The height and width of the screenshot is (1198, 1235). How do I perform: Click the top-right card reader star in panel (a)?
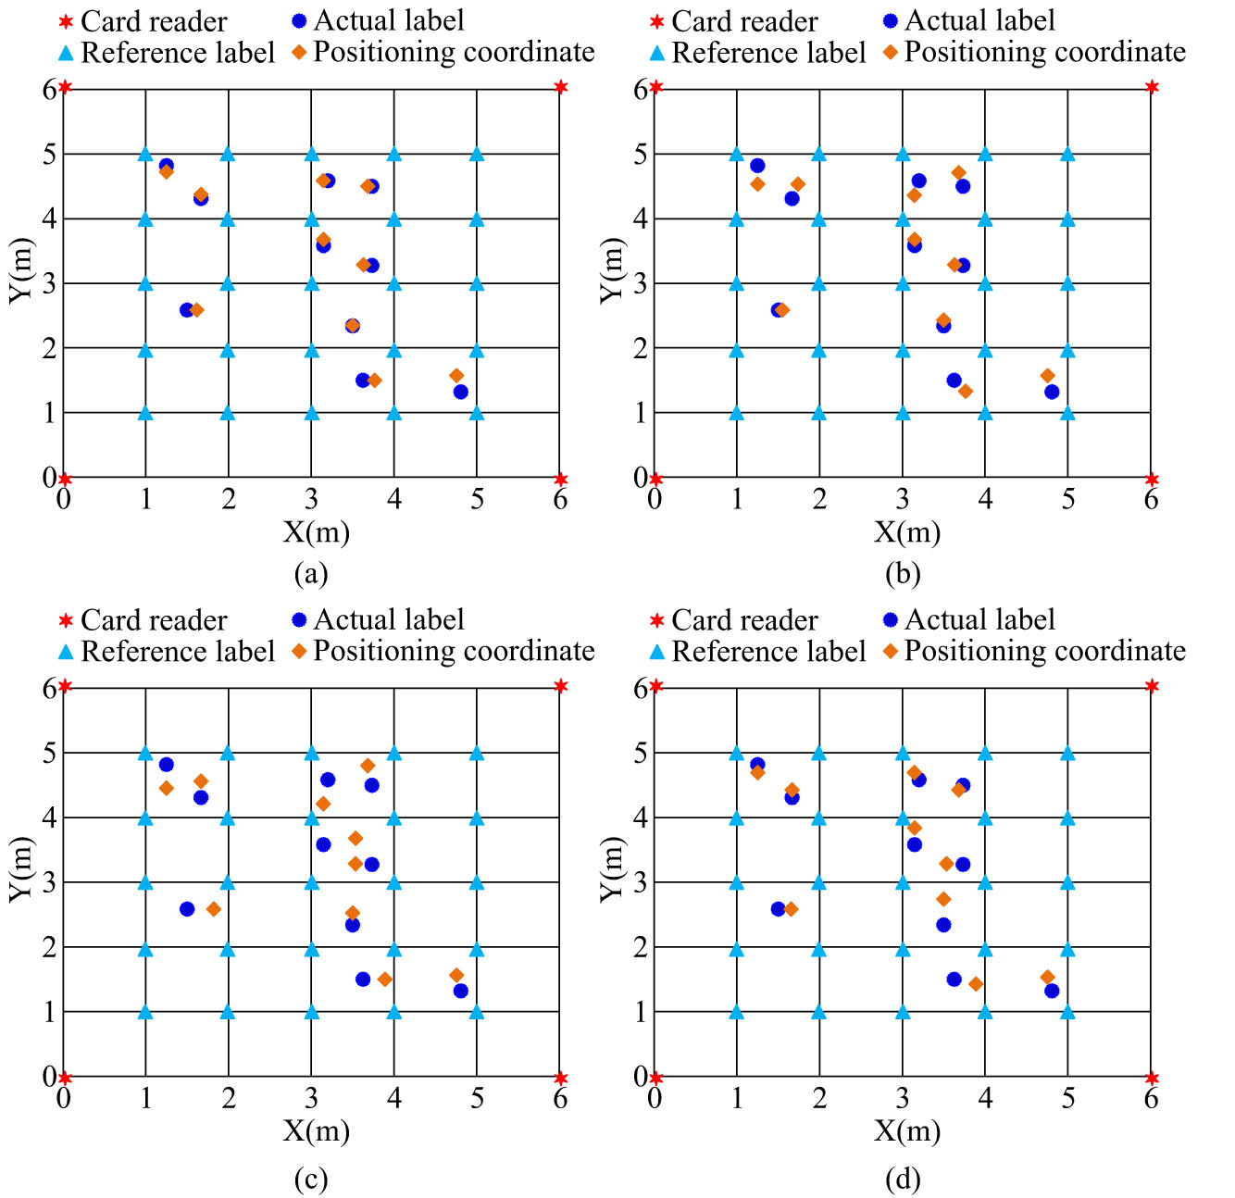point(561,87)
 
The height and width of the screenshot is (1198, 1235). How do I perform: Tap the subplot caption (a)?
point(310,574)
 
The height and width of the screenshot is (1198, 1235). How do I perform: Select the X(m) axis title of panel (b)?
point(907,532)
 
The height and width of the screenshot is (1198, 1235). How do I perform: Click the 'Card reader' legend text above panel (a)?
point(154,21)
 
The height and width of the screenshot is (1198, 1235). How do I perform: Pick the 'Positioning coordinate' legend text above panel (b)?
point(1044,52)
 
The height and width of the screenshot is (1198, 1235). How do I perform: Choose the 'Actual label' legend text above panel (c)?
point(389,619)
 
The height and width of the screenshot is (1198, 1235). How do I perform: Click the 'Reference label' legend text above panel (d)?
point(768,652)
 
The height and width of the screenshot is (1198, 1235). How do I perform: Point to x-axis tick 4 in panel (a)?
point(394,500)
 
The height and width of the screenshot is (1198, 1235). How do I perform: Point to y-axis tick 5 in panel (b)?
point(640,155)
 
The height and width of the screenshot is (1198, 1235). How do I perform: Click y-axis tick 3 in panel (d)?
point(640,882)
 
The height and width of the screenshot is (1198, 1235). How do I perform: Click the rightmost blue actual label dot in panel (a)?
point(460,392)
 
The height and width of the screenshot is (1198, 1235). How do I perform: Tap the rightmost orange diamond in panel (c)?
point(456,975)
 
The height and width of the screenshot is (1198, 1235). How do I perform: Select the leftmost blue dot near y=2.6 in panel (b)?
point(778,310)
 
